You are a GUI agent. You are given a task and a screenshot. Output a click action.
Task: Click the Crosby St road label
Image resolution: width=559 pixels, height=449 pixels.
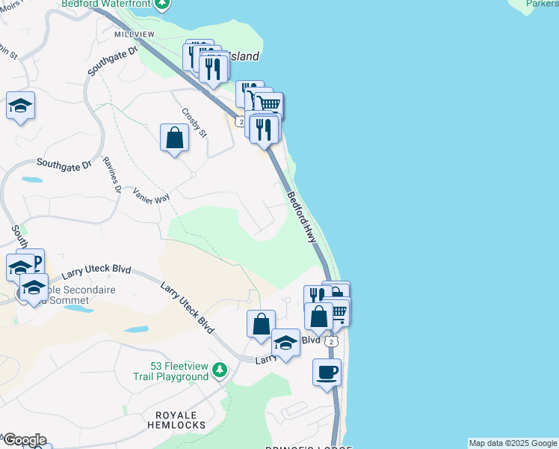pyautogui.click(x=194, y=122)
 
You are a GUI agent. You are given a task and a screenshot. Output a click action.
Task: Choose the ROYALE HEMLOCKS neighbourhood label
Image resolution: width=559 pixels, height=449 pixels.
pyautogui.click(x=180, y=420)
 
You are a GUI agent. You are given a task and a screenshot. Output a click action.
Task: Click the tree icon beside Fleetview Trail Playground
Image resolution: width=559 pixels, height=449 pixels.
pyautogui.click(x=219, y=370)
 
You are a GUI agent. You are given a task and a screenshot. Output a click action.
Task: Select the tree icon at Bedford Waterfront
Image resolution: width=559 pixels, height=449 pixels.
pyautogui.click(x=164, y=4)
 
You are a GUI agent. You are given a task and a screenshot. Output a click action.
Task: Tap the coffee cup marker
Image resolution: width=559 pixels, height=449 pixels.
pyautogui.click(x=327, y=372)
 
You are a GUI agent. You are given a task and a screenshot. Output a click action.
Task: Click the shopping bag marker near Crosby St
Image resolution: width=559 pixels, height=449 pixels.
pyautogui.click(x=174, y=138)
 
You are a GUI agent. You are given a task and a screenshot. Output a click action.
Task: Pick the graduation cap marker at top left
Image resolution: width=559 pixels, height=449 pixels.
pyautogui.click(x=21, y=106)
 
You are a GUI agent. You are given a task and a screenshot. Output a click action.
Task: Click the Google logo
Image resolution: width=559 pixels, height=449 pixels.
pyautogui.click(x=24, y=439)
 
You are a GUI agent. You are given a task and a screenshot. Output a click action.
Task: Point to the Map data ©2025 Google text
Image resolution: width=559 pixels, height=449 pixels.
pyautogui.click(x=513, y=443)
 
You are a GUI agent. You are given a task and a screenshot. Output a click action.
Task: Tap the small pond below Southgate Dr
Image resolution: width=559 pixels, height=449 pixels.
pyautogui.click(x=32, y=180)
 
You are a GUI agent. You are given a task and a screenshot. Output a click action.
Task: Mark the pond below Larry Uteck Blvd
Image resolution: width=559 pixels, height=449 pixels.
pyautogui.click(x=136, y=329)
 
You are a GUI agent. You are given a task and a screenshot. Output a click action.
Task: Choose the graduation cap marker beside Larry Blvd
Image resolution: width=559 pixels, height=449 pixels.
pyautogui.click(x=285, y=343)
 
